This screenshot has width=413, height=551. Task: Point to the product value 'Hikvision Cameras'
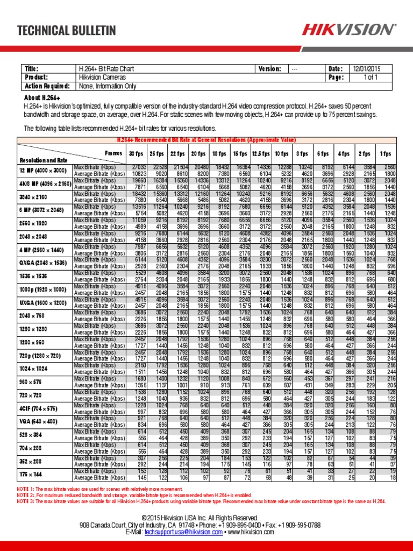103,77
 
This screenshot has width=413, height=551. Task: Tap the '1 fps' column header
386,153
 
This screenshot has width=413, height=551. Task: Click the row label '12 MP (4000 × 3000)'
43,170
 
